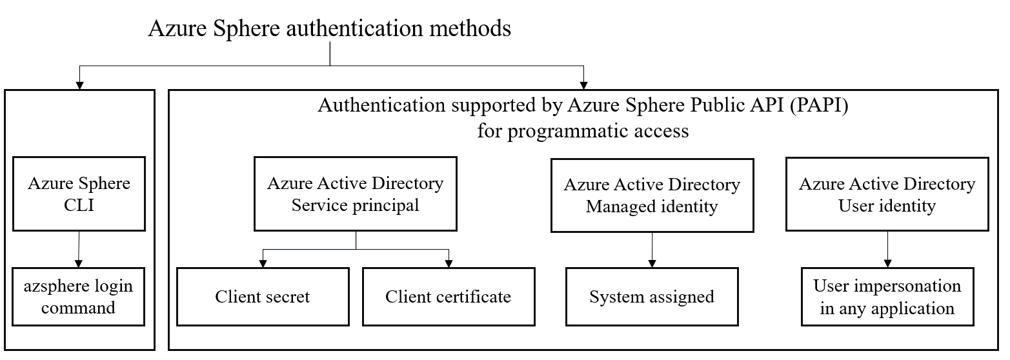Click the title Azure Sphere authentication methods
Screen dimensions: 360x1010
pos(329,29)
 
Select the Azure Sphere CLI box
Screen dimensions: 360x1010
pos(79,194)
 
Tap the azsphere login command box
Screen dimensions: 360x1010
pos(79,297)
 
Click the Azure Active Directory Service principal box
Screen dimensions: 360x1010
pos(356,194)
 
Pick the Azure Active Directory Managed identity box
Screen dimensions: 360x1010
pos(652,196)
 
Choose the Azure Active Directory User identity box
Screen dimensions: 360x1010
pos(887,195)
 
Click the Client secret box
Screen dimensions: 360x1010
pos(262,297)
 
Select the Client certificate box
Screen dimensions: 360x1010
pos(448,297)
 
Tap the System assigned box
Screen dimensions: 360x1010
pos(652,297)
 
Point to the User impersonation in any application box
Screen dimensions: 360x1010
pos(887,297)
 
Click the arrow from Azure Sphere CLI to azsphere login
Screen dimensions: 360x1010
pos(79,249)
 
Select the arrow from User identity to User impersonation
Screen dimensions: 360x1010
pos(887,249)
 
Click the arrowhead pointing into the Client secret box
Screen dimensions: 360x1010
pos(263,263)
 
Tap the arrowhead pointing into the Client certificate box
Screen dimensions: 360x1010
pos(448,263)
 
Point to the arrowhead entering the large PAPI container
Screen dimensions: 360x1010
pos(583,84)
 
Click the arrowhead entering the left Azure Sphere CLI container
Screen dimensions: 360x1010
pos(79,84)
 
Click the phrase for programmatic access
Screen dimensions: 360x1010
pos(583,131)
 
